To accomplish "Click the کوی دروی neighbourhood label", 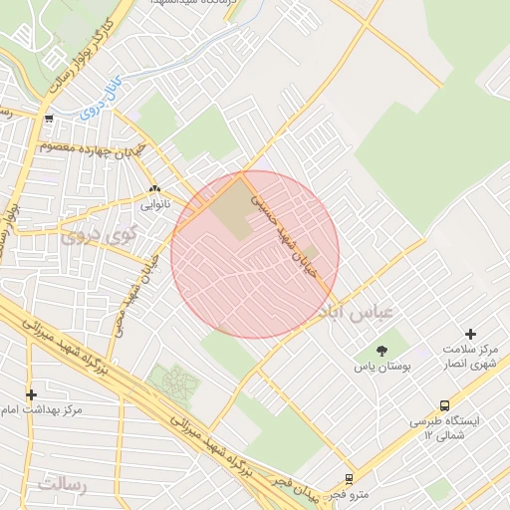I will pos(90,236).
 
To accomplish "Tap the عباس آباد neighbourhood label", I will pos(356,312).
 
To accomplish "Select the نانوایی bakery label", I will pos(154,204).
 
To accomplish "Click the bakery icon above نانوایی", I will pos(154,189).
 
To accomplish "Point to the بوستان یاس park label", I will pos(382,367).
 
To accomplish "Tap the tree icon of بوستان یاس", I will pos(382,350).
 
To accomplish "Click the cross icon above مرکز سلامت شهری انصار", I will pos(471,334).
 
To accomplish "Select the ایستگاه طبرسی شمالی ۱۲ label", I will pos(444,428).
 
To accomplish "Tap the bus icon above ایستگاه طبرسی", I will pos(444,405).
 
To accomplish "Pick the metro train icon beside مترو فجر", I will pos(349,479).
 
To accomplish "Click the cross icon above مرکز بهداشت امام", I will pos(31,394).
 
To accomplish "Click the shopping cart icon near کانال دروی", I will pos(49,119).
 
